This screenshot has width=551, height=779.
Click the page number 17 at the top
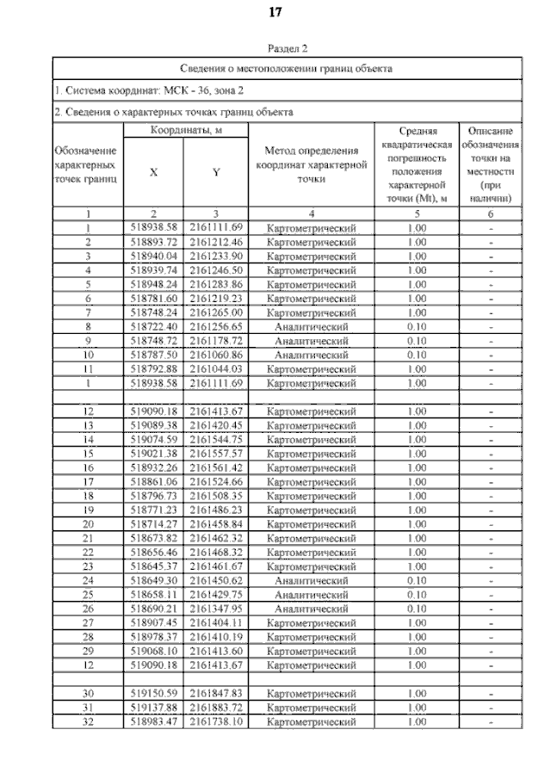275,12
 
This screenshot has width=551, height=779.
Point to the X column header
153,171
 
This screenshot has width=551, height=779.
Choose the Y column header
216,171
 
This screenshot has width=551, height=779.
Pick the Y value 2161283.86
216,284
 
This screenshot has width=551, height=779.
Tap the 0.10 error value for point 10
417,355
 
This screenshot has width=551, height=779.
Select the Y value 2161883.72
216,707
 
